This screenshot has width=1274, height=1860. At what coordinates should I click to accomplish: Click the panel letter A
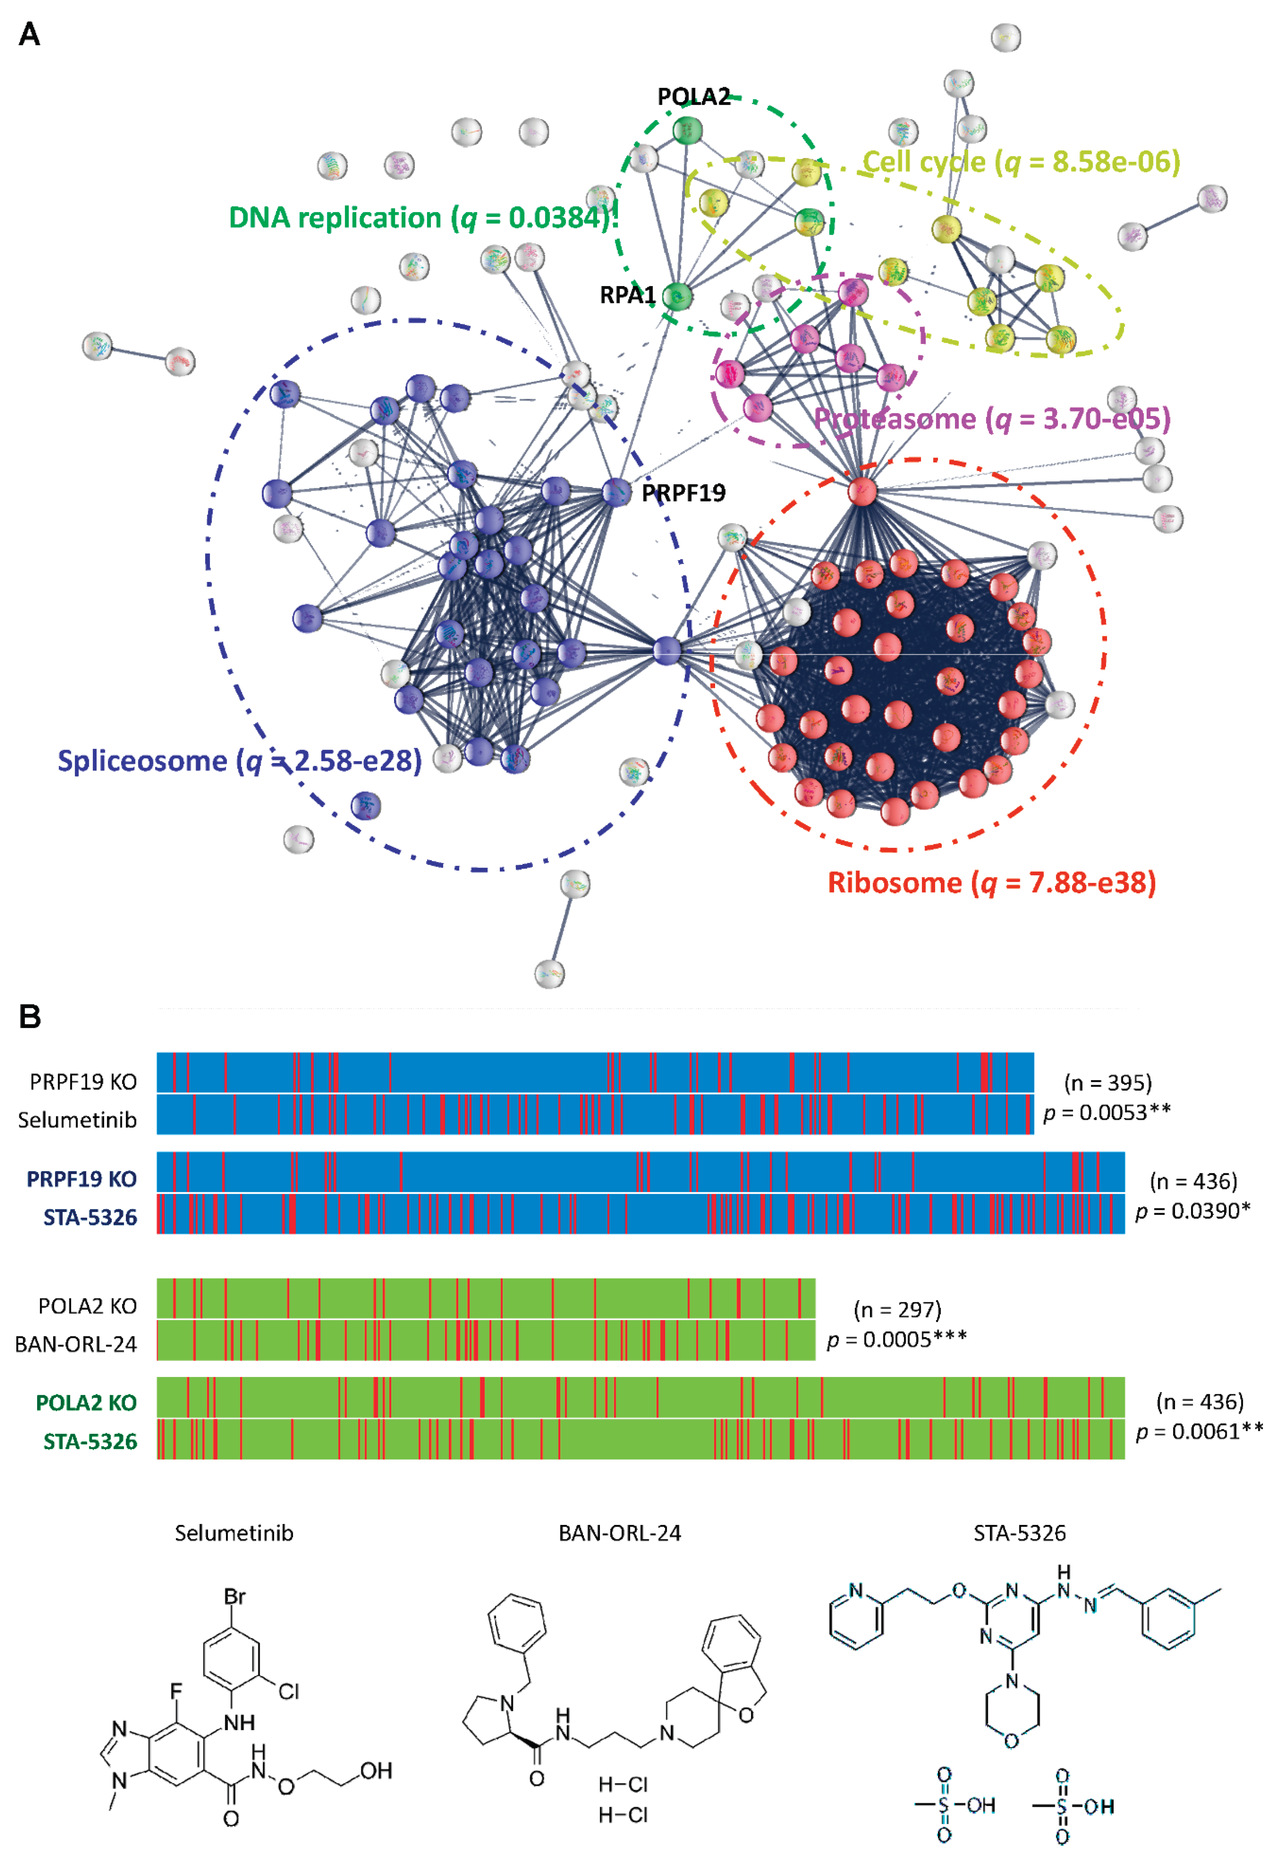30,35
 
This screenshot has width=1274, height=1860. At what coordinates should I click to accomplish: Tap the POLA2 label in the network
693,97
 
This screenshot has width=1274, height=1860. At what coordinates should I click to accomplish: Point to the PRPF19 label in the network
684,493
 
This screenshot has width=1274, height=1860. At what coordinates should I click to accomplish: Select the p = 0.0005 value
896,1340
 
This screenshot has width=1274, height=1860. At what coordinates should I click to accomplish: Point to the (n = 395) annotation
1108,1083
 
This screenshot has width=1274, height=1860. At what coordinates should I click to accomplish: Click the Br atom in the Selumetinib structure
234,1597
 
